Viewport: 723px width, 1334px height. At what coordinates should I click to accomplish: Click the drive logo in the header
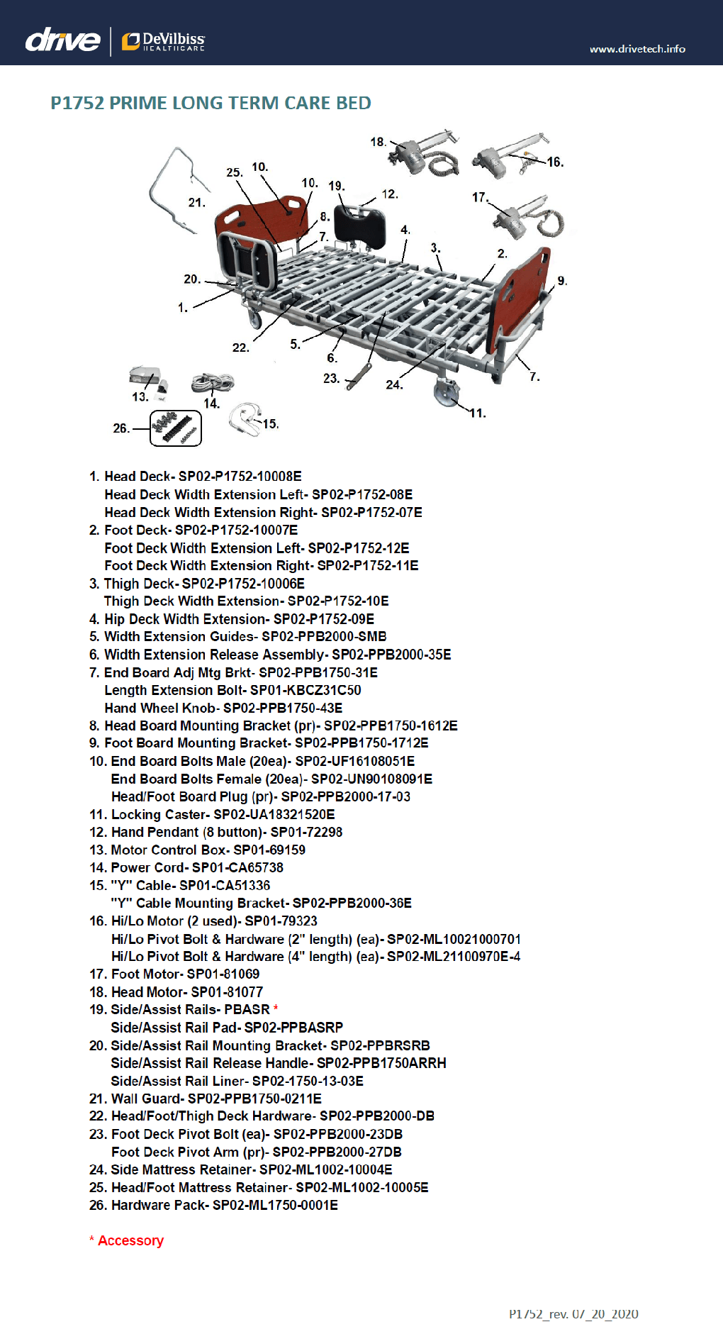(x=62, y=40)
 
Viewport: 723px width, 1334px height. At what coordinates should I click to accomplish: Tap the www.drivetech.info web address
(x=637, y=49)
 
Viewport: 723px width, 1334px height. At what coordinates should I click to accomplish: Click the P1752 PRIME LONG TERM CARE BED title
(x=211, y=103)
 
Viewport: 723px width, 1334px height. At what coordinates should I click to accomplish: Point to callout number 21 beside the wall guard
(x=196, y=203)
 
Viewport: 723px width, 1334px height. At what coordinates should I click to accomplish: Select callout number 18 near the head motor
(x=378, y=142)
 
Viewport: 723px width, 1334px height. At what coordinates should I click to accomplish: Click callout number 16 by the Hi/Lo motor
(x=555, y=162)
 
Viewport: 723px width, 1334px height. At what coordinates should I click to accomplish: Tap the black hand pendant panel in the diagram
(x=359, y=225)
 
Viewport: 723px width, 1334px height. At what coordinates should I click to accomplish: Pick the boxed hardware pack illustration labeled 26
(x=176, y=428)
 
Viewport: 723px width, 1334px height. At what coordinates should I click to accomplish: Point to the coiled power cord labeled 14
(x=212, y=383)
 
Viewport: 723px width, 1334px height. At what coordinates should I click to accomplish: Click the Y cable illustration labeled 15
(x=245, y=418)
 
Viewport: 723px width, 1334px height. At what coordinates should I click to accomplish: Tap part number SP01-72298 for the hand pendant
(x=306, y=832)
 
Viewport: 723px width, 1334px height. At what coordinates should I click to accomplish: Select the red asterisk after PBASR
(x=276, y=1008)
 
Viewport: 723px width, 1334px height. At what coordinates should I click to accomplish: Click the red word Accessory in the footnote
(x=130, y=1240)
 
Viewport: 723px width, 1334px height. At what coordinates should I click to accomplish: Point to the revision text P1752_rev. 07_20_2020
(x=573, y=1314)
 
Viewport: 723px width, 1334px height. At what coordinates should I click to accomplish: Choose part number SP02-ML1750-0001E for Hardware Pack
(x=275, y=1205)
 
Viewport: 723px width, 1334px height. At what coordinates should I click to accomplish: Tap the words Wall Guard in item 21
(x=145, y=1099)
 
